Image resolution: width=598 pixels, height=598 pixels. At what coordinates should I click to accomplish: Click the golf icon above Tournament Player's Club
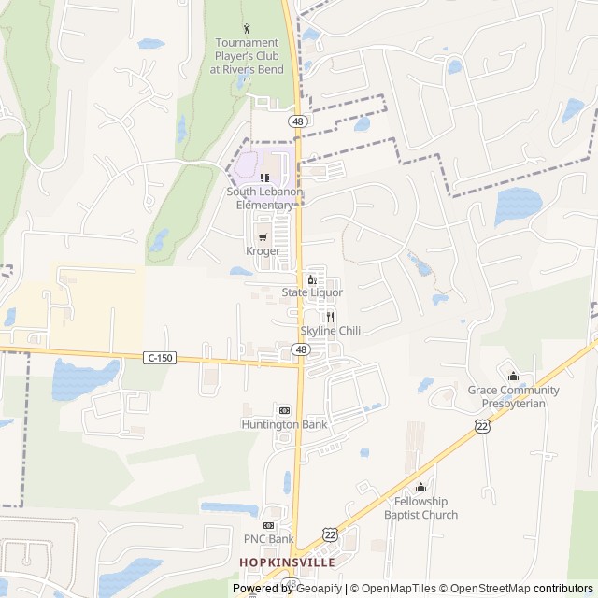point(246,28)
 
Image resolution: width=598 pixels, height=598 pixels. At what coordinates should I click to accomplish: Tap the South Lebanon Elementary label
point(265,198)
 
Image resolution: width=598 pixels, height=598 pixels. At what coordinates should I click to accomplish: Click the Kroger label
point(263,251)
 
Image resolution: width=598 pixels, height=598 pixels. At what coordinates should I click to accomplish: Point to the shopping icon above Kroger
point(263,236)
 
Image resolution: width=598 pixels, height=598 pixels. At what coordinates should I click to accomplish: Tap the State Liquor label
point(312,292)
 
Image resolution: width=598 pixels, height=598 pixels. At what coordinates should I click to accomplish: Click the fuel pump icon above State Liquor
point(312,278)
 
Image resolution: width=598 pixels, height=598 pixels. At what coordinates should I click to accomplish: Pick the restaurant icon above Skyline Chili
point(330,317)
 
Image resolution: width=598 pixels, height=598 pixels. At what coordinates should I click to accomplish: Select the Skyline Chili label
point(330,331)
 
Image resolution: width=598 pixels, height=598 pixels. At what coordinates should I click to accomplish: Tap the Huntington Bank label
point(284,424)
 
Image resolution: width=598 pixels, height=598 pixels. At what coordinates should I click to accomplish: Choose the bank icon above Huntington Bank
point(284,410)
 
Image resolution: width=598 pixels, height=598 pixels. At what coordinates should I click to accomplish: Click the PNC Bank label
point(269,539)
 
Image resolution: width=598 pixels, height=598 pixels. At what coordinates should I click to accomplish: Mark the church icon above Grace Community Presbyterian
point(513,376)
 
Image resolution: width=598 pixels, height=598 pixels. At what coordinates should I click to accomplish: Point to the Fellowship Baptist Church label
point(420,508)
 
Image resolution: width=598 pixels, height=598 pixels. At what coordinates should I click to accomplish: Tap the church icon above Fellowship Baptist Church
point(420,487)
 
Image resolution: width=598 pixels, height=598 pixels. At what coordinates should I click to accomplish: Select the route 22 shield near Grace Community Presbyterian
point(482,425)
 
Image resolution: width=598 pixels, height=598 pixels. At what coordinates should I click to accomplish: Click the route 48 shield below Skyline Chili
point(300,349)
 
